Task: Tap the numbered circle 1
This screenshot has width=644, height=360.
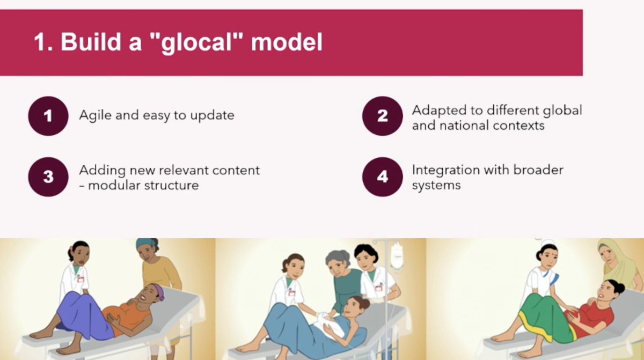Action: click(48, 115)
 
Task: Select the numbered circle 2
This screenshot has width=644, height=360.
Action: click(382, 115)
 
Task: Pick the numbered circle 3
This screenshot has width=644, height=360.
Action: click(48, 177)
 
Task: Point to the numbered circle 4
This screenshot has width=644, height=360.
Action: click(382, 177)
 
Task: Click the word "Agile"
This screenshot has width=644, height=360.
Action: click(95, 115)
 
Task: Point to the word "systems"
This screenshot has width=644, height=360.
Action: click(436, 186)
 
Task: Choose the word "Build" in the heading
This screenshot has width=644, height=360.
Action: click(90, 42)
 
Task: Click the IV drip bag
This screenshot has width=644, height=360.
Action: click(397, 256)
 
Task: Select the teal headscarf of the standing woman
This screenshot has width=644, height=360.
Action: click(147, 244)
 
